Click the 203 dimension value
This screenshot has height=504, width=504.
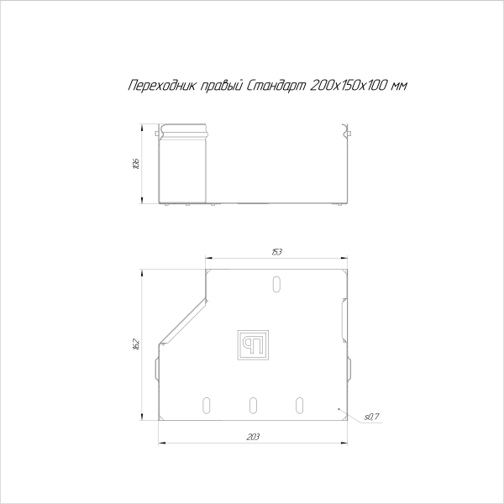254,437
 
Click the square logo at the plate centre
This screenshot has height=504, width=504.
253,345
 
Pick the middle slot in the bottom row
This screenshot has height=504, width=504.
253,404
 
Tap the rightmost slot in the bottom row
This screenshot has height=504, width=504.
299,404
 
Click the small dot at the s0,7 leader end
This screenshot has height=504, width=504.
339,409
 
